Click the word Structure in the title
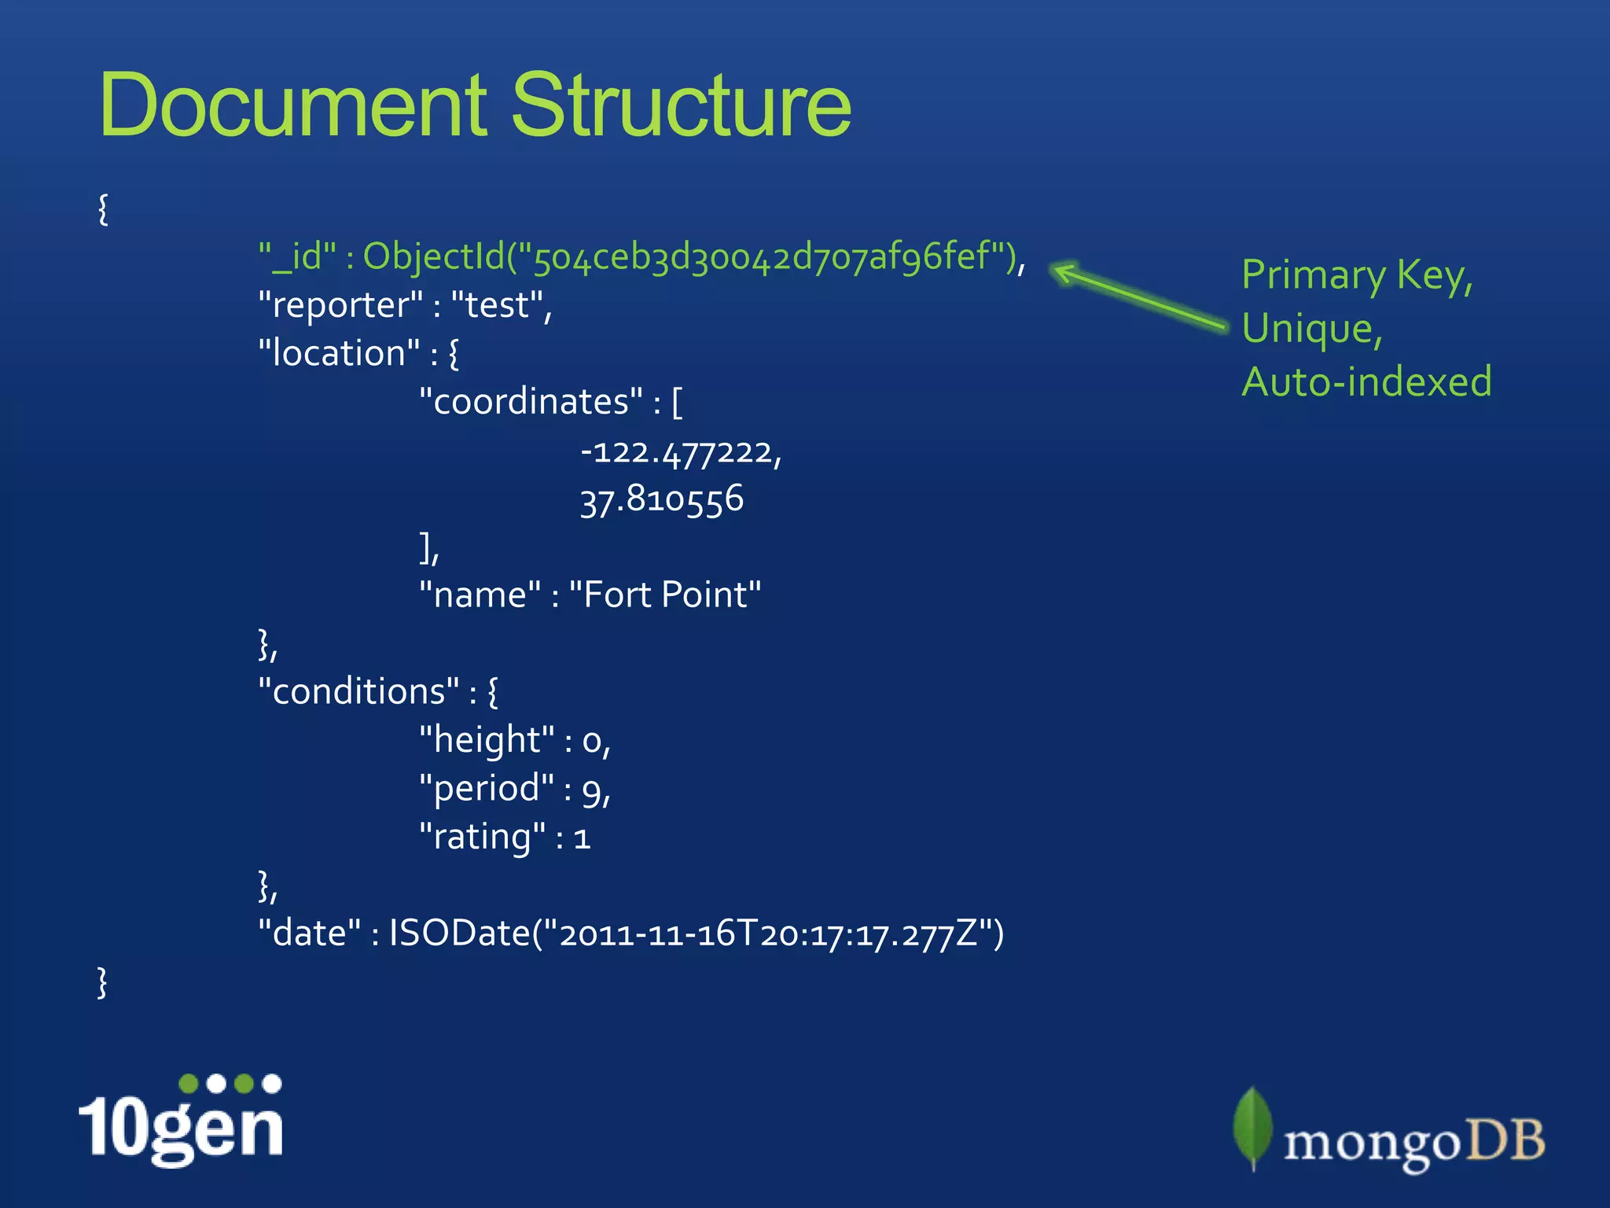tap(681, 105)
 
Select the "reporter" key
tap(340, 305)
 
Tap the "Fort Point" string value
tap(664, 595)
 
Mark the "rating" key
tap(482, 837)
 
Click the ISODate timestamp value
tap(697, 934)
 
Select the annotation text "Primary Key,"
tap(1357, 276)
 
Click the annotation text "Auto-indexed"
tap(1366, 382)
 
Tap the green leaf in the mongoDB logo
tap(1252, 1127)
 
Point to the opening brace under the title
tap(103, 209)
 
